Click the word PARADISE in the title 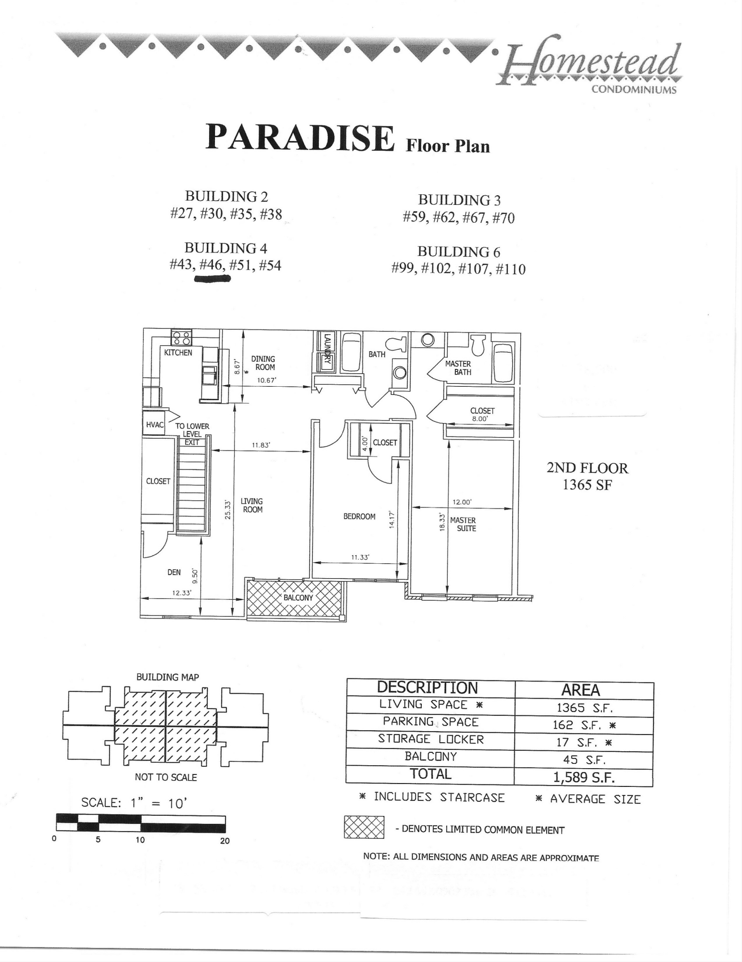point(300,138)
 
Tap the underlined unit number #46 point(212,265)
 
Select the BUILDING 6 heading point(458,252)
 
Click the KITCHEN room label point(178,353)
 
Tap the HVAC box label point(155,425)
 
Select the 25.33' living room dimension point(229,510)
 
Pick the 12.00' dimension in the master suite point(462,502)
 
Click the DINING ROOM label point(263,363)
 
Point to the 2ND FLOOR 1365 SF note point(587,476)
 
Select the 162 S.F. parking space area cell point(584,724)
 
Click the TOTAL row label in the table point(430,774)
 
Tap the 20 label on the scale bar point(225,841)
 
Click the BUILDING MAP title point(167,677)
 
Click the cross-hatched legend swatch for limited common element point(364,827)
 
